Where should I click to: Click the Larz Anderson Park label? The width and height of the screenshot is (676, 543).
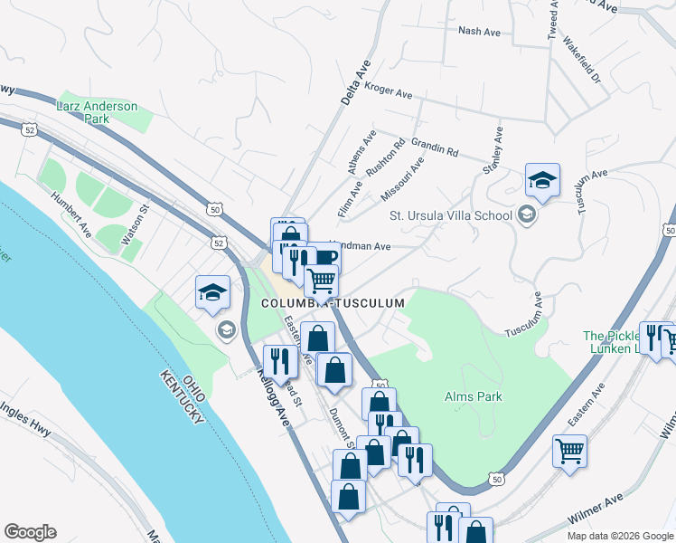(x=97, y=112)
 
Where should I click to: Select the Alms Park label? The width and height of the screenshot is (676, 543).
(x=473, y=396)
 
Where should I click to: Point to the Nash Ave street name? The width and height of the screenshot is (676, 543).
(x=479, y=32)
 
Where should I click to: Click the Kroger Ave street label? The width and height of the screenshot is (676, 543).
(x=388, y=90)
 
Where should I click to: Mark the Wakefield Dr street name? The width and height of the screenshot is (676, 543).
(x=581, y=60)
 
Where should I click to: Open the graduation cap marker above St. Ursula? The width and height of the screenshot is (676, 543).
(x=542, y=180)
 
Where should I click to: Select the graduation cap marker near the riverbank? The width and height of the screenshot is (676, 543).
(x=212, y=292)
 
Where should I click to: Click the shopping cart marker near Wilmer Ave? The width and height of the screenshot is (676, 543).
(x=569, y=451)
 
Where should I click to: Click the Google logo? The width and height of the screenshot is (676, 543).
(x=30, y=532)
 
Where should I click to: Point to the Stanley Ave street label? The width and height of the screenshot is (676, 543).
(x=493, y=150)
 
